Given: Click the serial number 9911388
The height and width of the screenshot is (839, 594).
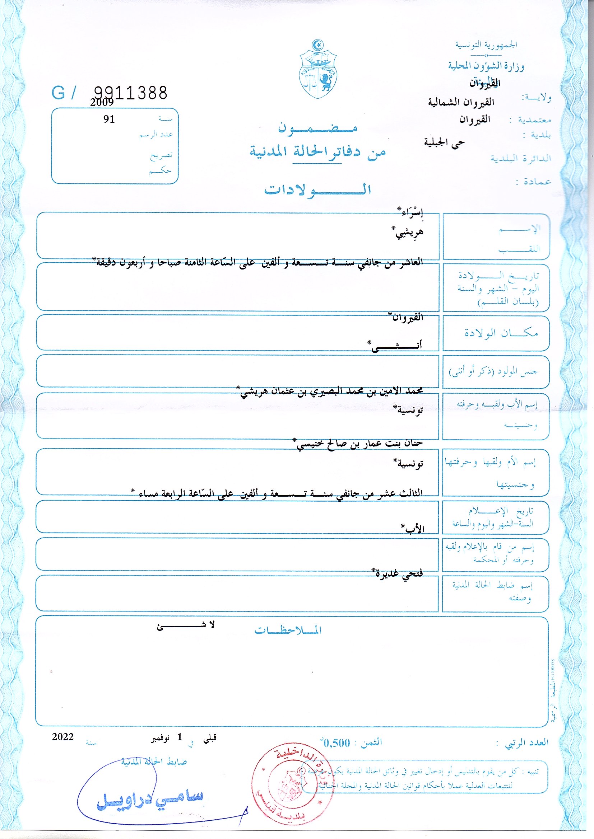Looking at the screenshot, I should click(131, 93).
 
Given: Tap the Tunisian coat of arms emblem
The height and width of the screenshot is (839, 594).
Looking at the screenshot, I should click(318, 70).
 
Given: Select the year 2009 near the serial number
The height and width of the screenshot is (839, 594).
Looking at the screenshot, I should click(102, 103).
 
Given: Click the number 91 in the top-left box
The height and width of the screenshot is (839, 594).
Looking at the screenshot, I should click(109, 119).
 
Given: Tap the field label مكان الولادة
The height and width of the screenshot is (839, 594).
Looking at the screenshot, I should click(501, 333).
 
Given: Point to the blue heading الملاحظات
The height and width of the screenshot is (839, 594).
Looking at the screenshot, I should click(288, 630).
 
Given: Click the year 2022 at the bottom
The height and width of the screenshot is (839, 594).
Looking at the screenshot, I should click(63, 737).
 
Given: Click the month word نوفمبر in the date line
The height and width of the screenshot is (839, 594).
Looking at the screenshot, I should click(160, 738).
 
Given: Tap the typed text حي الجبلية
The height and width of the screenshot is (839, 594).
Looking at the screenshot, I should click(444, 142).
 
